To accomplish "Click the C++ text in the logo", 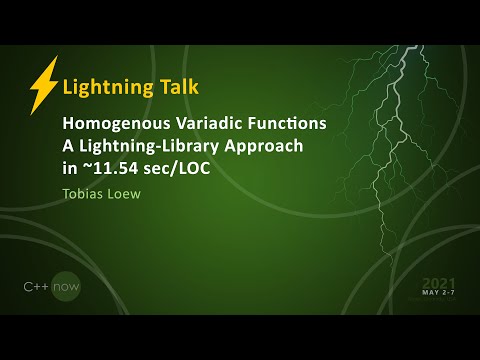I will [x=37, y=287].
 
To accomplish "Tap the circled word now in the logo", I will [x=66, y=287].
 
